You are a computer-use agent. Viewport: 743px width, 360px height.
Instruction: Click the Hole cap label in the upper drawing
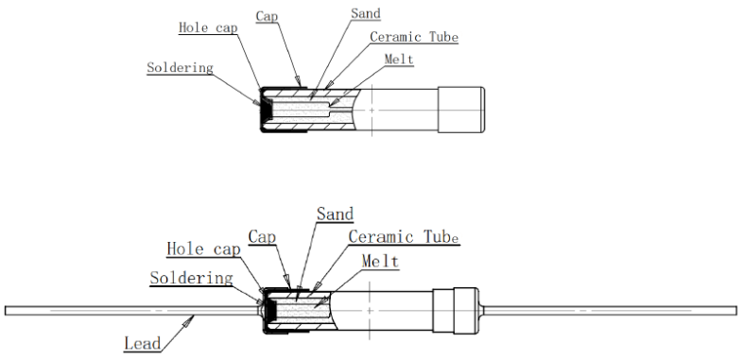coord(207,27)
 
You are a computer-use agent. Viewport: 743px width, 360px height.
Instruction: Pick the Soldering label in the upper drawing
coord(181,68)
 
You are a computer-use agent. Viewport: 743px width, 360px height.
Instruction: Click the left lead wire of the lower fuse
coord(132,309)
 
